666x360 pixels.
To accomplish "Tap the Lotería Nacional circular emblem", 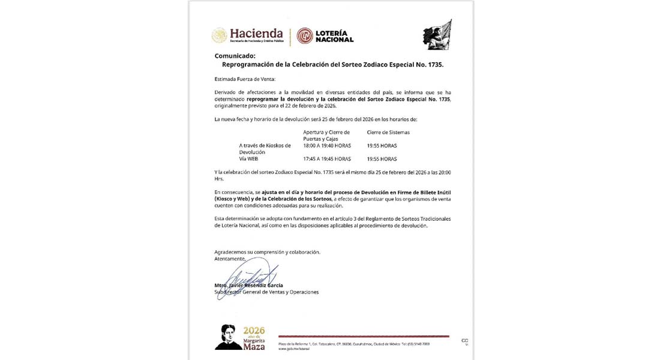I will point(305,36).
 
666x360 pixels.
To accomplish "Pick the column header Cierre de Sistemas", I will point(388,132).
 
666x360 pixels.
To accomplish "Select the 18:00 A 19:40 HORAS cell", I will point(328,145).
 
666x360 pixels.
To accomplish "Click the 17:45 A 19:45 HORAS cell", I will point(327,159).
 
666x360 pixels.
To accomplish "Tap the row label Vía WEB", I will point(248,159).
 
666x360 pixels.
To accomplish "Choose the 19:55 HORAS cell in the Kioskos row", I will point(382,145).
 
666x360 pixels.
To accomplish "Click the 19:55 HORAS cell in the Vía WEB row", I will point(382,159).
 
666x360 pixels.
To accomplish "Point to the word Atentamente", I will point(230,259).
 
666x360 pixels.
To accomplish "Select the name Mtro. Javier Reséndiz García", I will point(248,286).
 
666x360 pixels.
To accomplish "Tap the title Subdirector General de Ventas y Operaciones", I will point(266,292).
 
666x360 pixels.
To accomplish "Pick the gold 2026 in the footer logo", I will point(254,331).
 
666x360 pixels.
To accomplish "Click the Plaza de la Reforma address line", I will point(354,344).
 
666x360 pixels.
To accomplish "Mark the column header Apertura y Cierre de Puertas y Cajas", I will point(326,135).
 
